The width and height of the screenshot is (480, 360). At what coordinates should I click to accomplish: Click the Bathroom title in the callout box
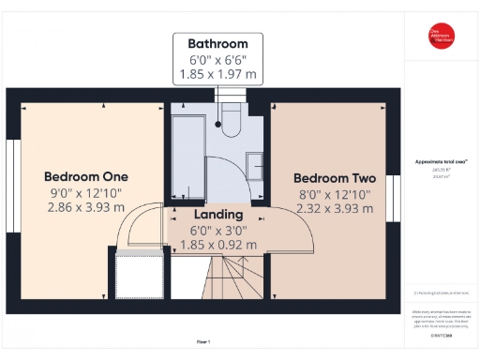tap(217, 43)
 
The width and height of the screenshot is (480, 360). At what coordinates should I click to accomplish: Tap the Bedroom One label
tap(85, 176)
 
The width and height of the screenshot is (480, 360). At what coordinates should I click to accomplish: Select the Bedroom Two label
tap(335, 178)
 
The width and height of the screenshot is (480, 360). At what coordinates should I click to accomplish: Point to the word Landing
tap(217, 215)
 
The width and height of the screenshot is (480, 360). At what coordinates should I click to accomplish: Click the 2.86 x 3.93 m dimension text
tap(85, 207)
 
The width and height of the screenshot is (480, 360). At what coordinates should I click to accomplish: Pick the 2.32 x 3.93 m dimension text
tap(335, 209)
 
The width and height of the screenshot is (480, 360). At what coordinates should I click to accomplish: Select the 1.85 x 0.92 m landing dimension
tap(217, 245)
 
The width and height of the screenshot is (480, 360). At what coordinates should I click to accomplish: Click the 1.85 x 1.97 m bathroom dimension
tap(217, 73)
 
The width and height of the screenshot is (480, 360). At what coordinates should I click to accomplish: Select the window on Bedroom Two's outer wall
tap(395, 198)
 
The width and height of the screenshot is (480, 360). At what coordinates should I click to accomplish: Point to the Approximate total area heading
tap(441, 161)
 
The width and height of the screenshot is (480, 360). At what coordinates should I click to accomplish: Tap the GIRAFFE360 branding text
tap(441, 333)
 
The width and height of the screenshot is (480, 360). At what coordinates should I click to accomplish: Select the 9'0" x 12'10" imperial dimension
tap(85, 192)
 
